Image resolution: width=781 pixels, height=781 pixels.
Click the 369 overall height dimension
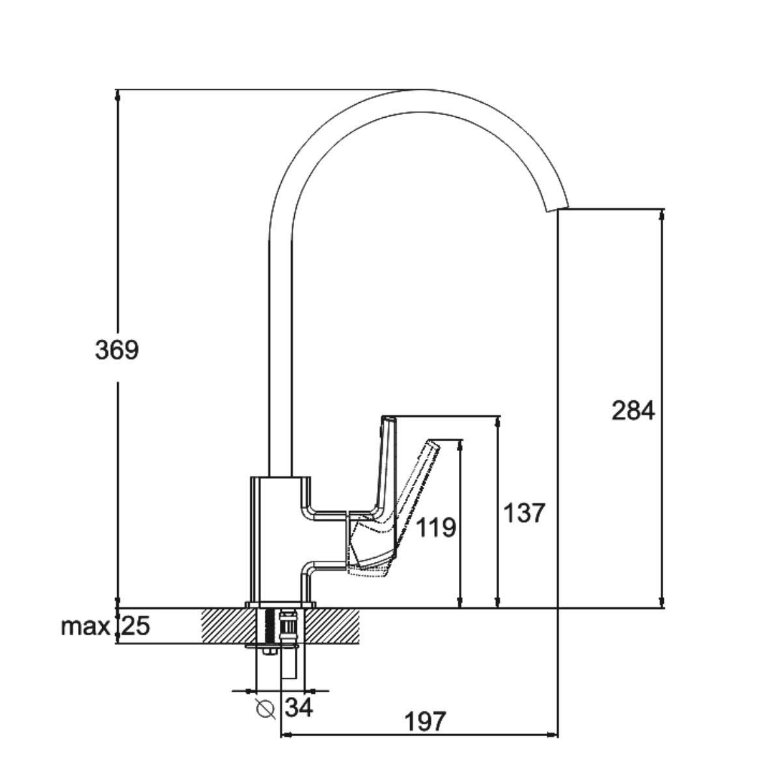pos(116,351)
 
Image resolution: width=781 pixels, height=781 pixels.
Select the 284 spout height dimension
pos(633,411)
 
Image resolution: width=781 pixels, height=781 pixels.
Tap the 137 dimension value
pos(525,513)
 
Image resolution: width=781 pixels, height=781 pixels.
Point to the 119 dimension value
pos(435,528)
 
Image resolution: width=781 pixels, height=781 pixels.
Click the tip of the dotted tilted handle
pos(434,443)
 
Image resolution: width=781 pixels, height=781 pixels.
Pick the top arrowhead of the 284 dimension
pos(663,215)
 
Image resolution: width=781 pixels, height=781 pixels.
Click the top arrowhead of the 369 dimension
pos(118,95)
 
